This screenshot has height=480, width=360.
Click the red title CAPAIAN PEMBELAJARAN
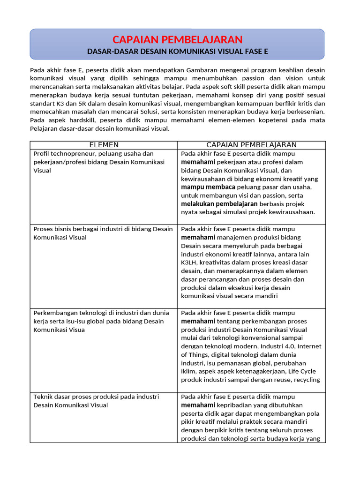tap(177, 39)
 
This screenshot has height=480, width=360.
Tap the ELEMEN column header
tap(104, 145)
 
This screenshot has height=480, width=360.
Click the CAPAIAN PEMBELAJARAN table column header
tap(251, 145)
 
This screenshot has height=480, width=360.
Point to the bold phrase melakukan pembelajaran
tap(219, 204)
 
